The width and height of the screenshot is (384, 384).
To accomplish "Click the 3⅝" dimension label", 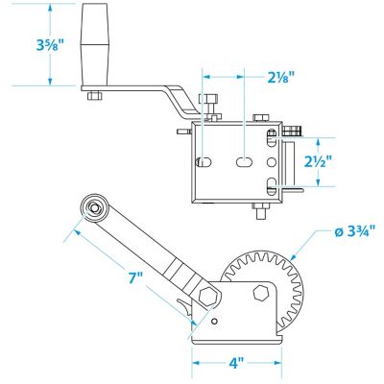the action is point(48,45).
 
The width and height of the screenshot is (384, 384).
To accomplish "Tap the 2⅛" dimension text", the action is point(280,77).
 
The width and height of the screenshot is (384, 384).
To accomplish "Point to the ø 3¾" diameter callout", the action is point(353,231).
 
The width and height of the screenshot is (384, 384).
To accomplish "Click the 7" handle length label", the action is point(135,278).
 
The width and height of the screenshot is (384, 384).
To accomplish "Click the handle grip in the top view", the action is point(94,44).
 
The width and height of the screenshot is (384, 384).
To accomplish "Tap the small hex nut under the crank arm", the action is point(94,96).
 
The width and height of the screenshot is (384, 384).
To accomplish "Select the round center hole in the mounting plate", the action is point(271,162).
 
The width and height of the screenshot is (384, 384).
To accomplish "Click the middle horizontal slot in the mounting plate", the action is point(245,162).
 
